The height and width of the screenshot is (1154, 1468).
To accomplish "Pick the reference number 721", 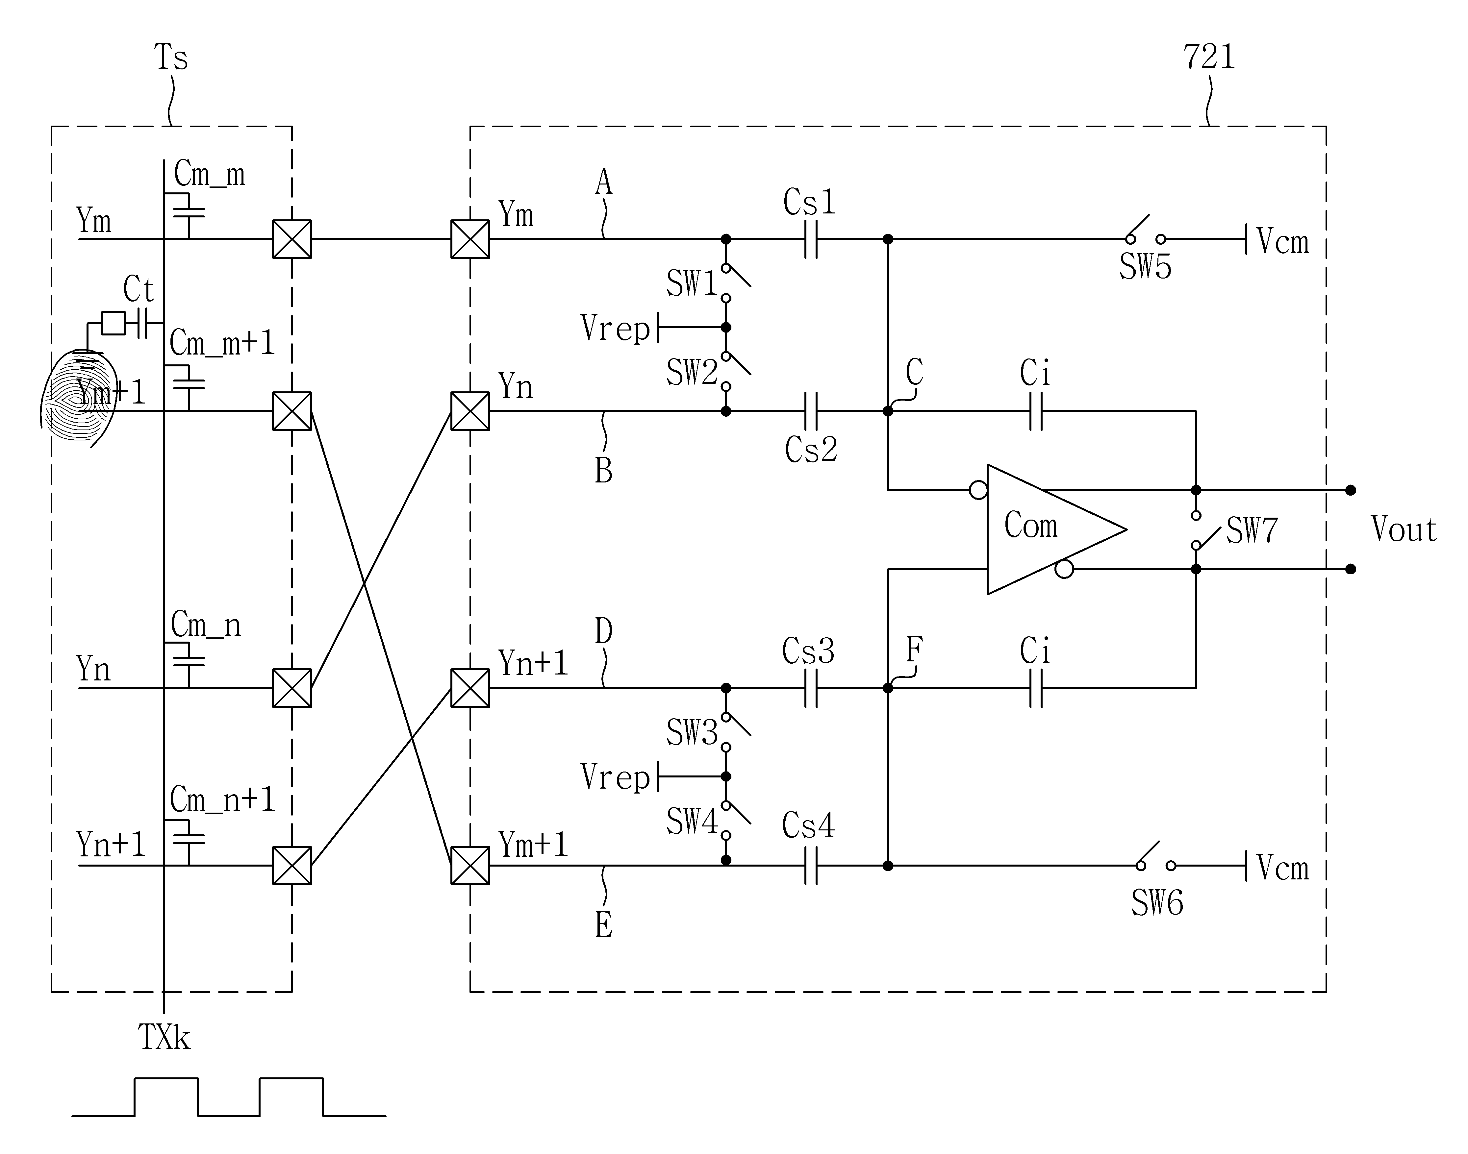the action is [x=1209, y=57].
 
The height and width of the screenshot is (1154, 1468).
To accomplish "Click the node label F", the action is [x=914, y=650].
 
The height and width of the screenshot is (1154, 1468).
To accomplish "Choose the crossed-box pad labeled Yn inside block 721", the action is [x=470, y=411].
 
